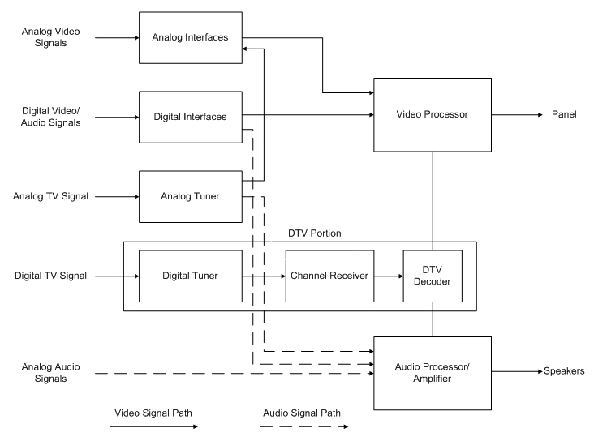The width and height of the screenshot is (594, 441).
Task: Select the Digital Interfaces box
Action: pos(191,117)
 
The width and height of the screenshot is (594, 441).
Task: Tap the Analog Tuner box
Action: pos(191,196)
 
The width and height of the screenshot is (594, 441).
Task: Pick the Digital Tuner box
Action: pos(191,276)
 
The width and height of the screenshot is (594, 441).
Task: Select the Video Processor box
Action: pos(432,114)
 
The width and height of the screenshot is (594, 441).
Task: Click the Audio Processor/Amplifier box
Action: pos(432,372)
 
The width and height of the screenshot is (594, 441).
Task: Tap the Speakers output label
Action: pos(564,371)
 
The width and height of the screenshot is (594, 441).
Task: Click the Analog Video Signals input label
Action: pos(51,37)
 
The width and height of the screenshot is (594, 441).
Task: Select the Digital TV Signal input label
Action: pos(49,276)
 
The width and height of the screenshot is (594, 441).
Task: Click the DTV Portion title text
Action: pos(316,233)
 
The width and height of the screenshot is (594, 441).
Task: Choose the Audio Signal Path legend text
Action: pos(301,413)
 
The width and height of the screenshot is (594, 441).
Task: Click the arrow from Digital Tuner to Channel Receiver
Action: pos(264,276)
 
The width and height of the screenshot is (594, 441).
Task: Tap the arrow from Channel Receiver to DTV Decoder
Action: pos(386,276)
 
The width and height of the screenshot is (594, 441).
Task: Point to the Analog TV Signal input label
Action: pos(51,196)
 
